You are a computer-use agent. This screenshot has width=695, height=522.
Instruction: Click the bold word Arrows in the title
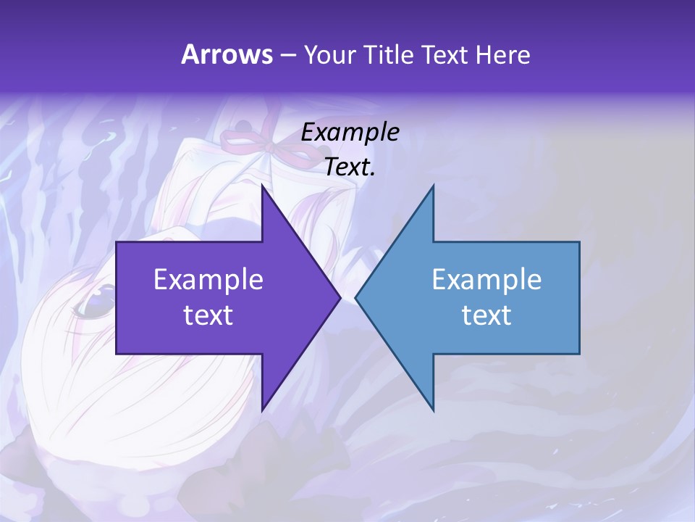click(226, 54)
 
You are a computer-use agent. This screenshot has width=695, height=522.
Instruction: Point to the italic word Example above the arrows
click(350, 132)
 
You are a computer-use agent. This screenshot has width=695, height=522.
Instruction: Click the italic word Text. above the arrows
click(350, 167)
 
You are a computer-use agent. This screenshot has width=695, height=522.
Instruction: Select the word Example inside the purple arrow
click(208, 280)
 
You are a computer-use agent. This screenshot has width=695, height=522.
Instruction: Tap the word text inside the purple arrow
click(208, 315)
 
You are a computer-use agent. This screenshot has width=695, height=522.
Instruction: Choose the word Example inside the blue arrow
click(486, 280)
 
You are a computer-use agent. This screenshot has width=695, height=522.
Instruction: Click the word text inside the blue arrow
click(486, 315)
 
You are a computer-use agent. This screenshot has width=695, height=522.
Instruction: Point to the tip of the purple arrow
click(340, 297)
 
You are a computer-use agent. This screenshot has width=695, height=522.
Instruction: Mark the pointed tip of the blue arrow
click(356, 297)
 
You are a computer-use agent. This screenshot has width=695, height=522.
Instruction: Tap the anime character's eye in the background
click(94, 301)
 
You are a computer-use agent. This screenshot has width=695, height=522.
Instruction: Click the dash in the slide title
click(287, 55)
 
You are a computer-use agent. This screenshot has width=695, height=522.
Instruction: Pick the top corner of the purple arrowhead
click(262, 186)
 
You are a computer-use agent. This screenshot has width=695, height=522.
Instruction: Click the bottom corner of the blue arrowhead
click(433, 410)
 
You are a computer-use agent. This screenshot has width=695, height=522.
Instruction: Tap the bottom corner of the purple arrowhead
click(262, 410)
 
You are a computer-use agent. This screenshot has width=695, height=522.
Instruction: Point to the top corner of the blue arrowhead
click(433, 186)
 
